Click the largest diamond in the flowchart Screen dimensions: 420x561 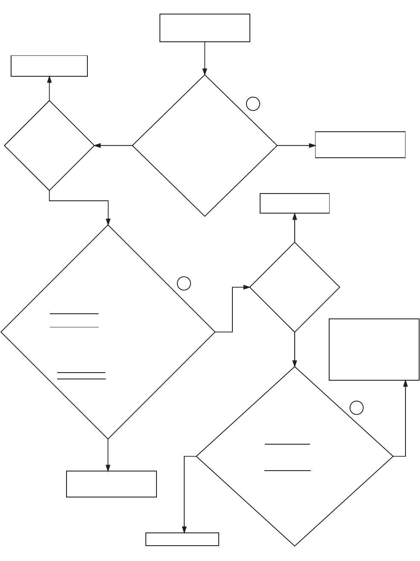pos(108,332)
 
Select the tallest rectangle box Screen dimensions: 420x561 pos(374,349)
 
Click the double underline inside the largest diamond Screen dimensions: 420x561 pos(81,376)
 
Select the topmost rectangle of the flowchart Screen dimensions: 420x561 pos(205,28)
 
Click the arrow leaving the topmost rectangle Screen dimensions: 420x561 pos(205,58)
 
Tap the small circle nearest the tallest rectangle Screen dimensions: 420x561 pos(356,408)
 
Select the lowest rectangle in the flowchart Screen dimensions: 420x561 pos(182,539)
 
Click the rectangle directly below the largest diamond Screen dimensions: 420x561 pos(111,484)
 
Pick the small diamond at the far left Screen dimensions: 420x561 pos(49,145)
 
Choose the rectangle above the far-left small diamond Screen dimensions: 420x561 pos(49,66)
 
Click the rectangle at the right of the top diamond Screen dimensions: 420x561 pos(360,145)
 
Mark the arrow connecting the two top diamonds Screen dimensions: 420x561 pos(113,145)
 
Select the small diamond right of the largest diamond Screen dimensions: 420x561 pos(295,287)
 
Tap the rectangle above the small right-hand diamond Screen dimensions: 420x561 pos(295,203)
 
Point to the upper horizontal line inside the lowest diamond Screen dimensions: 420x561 pos(287,444)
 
